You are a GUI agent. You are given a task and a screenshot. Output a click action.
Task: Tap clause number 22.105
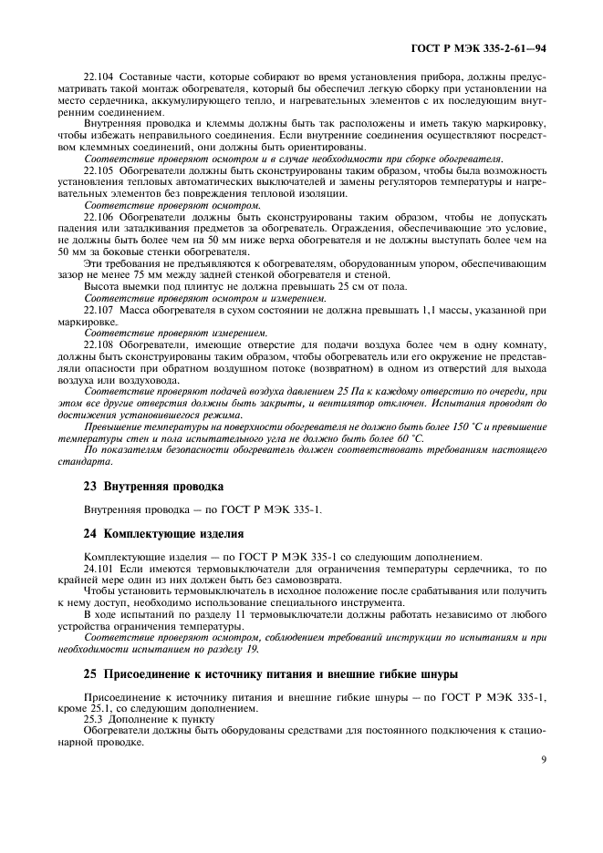(99, 170)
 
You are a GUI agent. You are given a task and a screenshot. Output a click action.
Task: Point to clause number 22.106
(99, 217)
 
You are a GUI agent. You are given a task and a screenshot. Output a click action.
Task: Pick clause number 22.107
(99, 311)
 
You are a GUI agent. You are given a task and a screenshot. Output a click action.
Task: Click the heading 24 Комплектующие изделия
(163, 533)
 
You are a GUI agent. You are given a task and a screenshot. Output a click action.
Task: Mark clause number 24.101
(99, 568)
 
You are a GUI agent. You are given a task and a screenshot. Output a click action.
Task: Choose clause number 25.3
(95, 720)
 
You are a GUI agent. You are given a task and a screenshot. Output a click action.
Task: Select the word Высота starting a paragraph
(103, 287)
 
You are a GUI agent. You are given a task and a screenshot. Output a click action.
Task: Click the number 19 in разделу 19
(250, 649)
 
